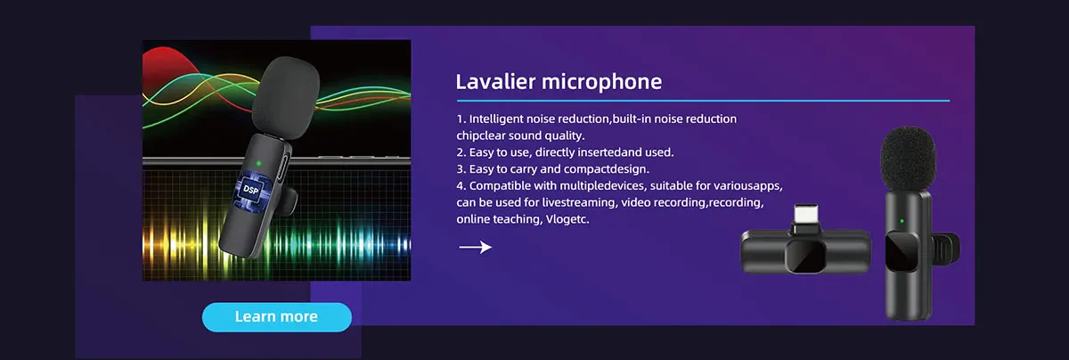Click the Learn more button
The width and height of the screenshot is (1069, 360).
(277, 317)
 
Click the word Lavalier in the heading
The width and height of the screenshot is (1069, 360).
(496, 82)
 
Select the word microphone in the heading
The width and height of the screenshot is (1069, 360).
(602, 83)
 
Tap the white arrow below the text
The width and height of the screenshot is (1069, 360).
(475, 247)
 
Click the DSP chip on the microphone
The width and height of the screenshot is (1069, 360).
(251, 190)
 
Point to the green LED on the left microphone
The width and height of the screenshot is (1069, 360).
(258, 163)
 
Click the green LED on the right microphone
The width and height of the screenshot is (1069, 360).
(902, 221)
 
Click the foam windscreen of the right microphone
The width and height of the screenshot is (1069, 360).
(907, 159)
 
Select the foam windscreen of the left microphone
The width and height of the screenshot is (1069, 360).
(285, 97)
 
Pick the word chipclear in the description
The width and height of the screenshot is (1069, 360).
(480, 136)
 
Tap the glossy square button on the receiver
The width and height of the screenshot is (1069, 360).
(806, 256)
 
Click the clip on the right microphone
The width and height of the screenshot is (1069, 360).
(946, 249)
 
